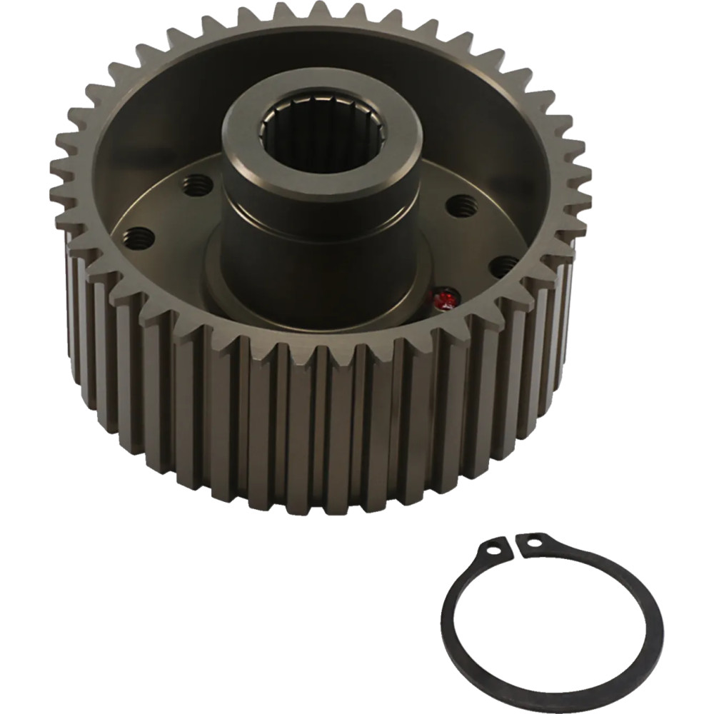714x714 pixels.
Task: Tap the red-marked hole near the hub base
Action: [x=444, y=298]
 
